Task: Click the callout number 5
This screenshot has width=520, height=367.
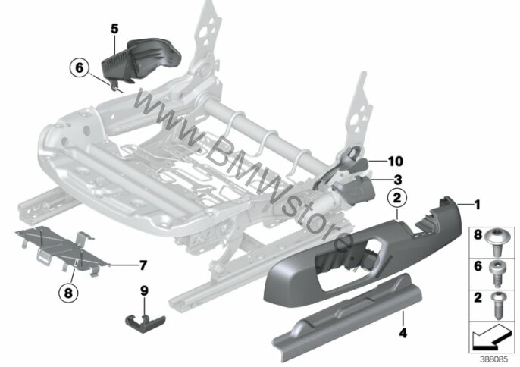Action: coord(114,30)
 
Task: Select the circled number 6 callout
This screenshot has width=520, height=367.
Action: coord(80,67)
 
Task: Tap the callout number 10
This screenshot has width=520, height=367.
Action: coord(396,162)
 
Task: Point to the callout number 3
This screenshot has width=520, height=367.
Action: coord(398,180)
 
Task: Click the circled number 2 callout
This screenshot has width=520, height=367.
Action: coord(397,198)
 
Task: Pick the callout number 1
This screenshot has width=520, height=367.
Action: coord(478,205)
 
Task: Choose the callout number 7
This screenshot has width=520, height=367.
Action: coord(143,265)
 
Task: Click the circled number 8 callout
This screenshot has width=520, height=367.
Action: coord(68,293)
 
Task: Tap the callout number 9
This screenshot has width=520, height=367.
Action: coord(144,291)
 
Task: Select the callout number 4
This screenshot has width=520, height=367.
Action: coord(403,333)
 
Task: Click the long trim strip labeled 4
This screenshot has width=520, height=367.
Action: coord(347,318)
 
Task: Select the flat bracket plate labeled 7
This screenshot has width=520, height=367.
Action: coord(63,249)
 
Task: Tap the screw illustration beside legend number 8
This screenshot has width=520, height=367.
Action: coord(496,243)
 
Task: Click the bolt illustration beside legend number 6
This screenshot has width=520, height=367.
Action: coord(497,274)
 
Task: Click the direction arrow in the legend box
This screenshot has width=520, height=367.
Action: coord(491,337)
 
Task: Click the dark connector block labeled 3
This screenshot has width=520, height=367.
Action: coord(356,189)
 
